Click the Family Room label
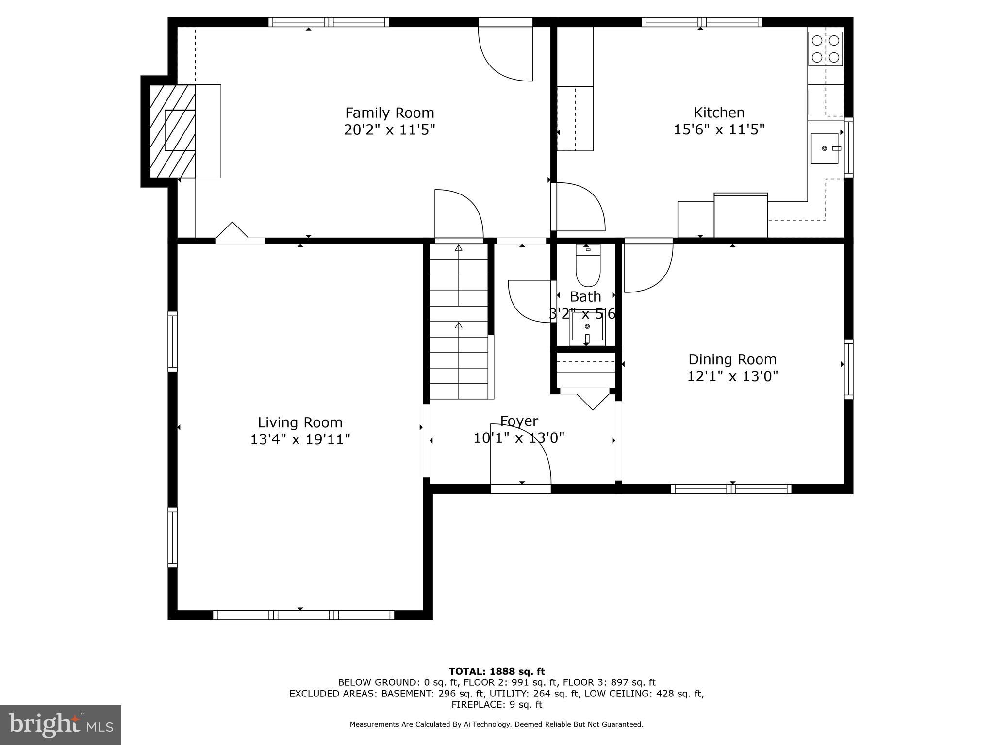[x=389, y=113]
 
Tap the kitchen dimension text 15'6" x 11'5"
[x=719, y=130]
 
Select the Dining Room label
[x=732, y=359]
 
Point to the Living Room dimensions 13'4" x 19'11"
[x=300, y=439]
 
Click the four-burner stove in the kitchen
[x=825, y=49]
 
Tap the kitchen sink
[x=825, y=148]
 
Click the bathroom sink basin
[x=587, y=327]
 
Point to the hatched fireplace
[x=172, y=131]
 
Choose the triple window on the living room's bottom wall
[x=303, y=615]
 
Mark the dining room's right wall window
[x=848, y=369]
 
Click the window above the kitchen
[x=701, y=22]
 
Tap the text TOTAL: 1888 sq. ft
[x=497, y=672]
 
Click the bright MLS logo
[x=61, y=725]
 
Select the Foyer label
[x=519, y=421]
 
